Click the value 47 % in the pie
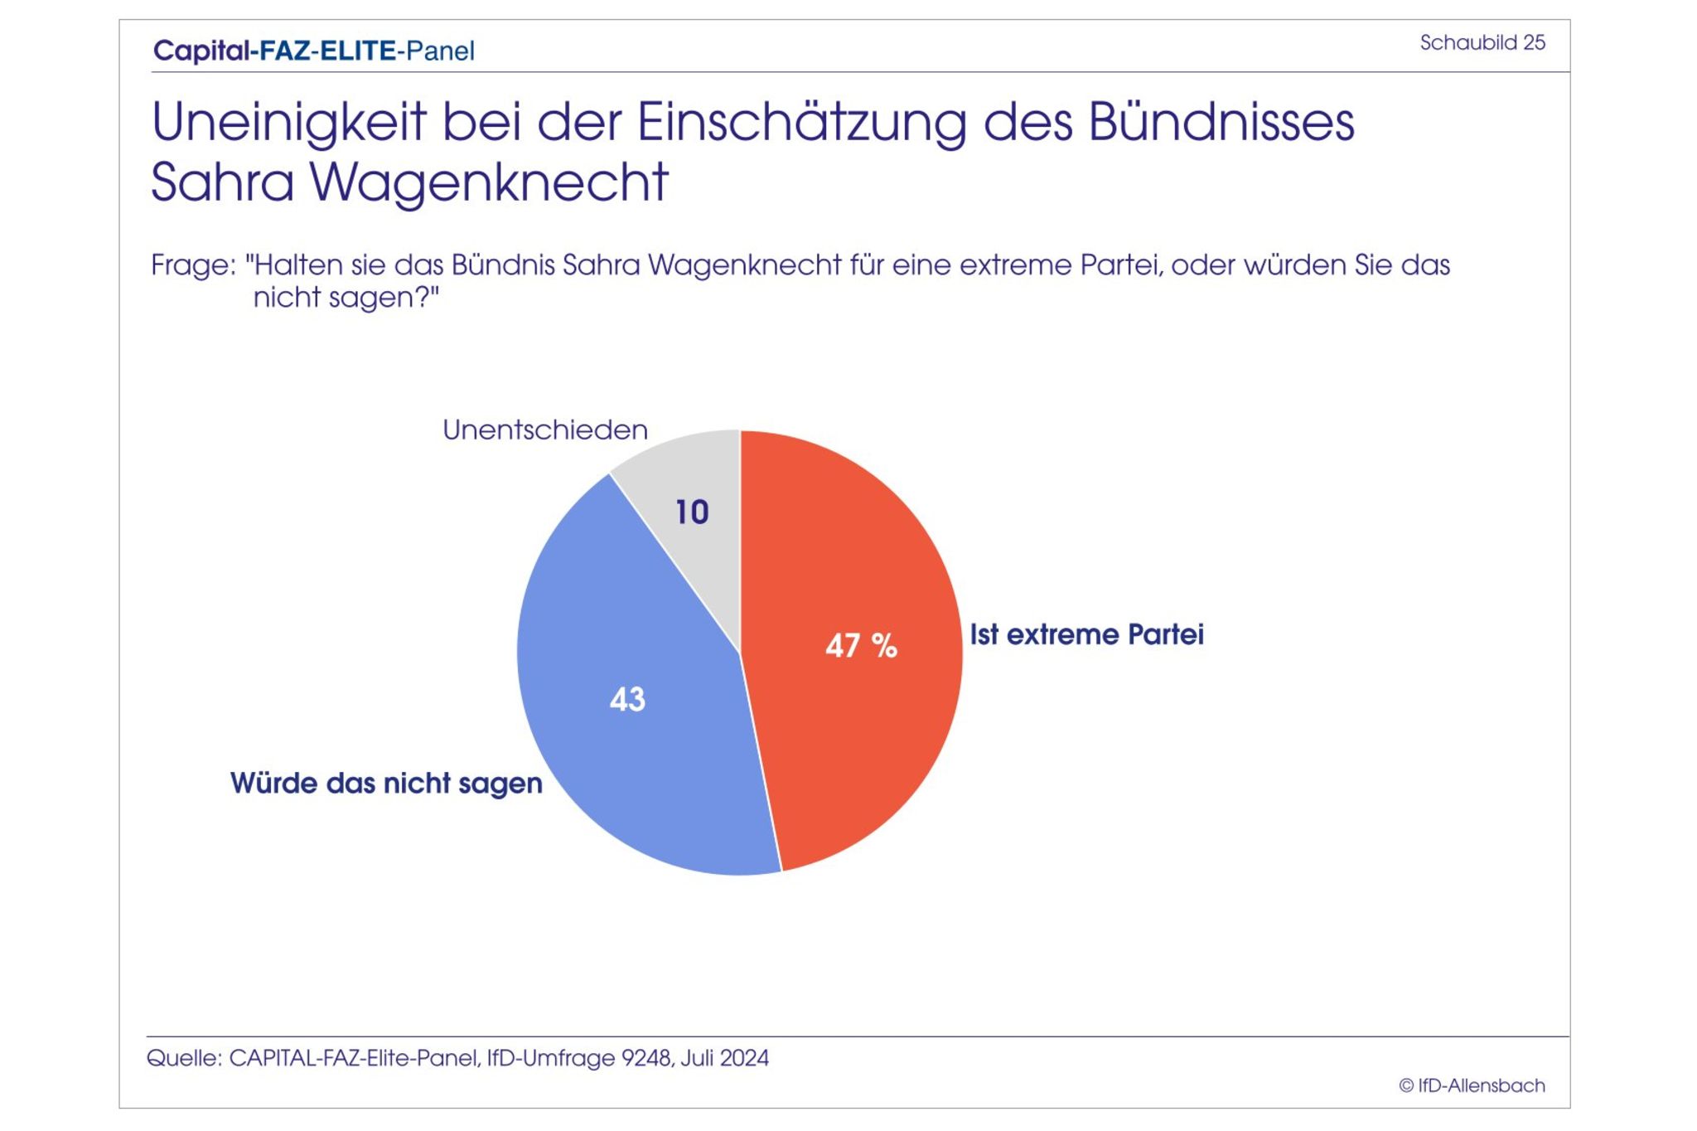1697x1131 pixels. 861,645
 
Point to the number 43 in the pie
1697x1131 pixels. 627,699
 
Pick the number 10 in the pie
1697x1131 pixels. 692,512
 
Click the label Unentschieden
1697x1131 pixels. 544,430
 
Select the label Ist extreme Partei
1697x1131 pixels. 1086,634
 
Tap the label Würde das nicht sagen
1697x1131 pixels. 386,783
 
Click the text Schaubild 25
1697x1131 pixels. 1482,42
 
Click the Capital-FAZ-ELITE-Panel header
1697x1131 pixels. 314,51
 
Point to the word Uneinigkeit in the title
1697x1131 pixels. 288,123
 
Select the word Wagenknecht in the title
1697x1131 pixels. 489,182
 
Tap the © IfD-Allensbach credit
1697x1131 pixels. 1472,1085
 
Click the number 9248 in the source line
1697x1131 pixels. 646,1058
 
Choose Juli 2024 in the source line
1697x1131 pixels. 724,1058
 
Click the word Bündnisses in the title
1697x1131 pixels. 1221,123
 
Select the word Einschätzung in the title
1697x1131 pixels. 801,123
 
